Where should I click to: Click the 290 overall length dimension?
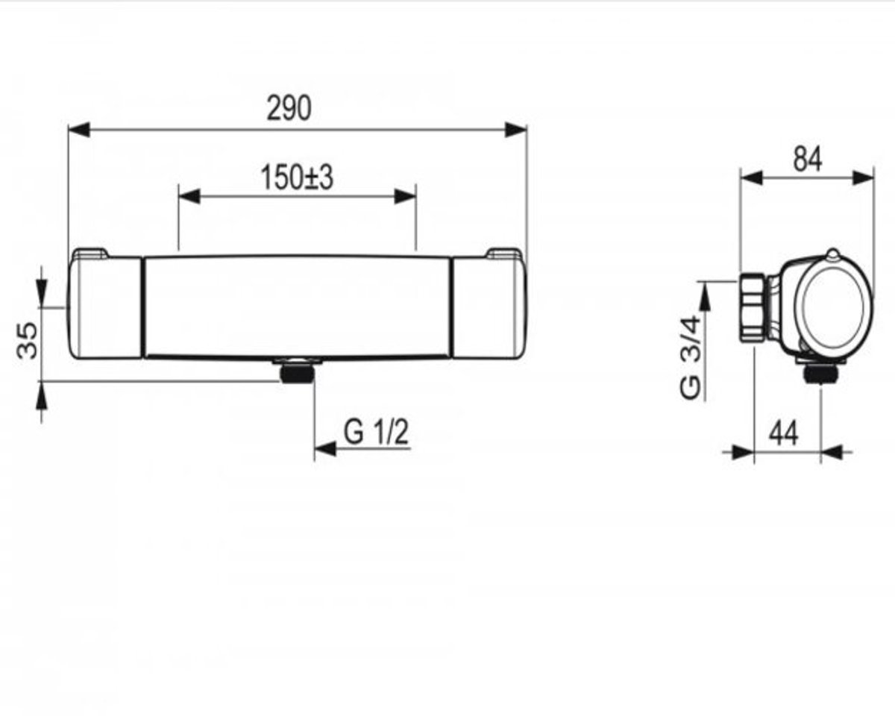[289, 108]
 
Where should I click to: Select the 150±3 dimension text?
[297, 178]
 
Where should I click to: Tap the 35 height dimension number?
[27, 340]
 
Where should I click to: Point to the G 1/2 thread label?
[377, 433]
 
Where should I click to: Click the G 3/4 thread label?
[690, 357]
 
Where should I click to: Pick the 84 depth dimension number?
[807, 159]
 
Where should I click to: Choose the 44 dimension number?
[784, 433]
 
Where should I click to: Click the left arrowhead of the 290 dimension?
[79, 130]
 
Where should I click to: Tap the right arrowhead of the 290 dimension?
[515, 130]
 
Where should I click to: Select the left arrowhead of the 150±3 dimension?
[189, 196]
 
